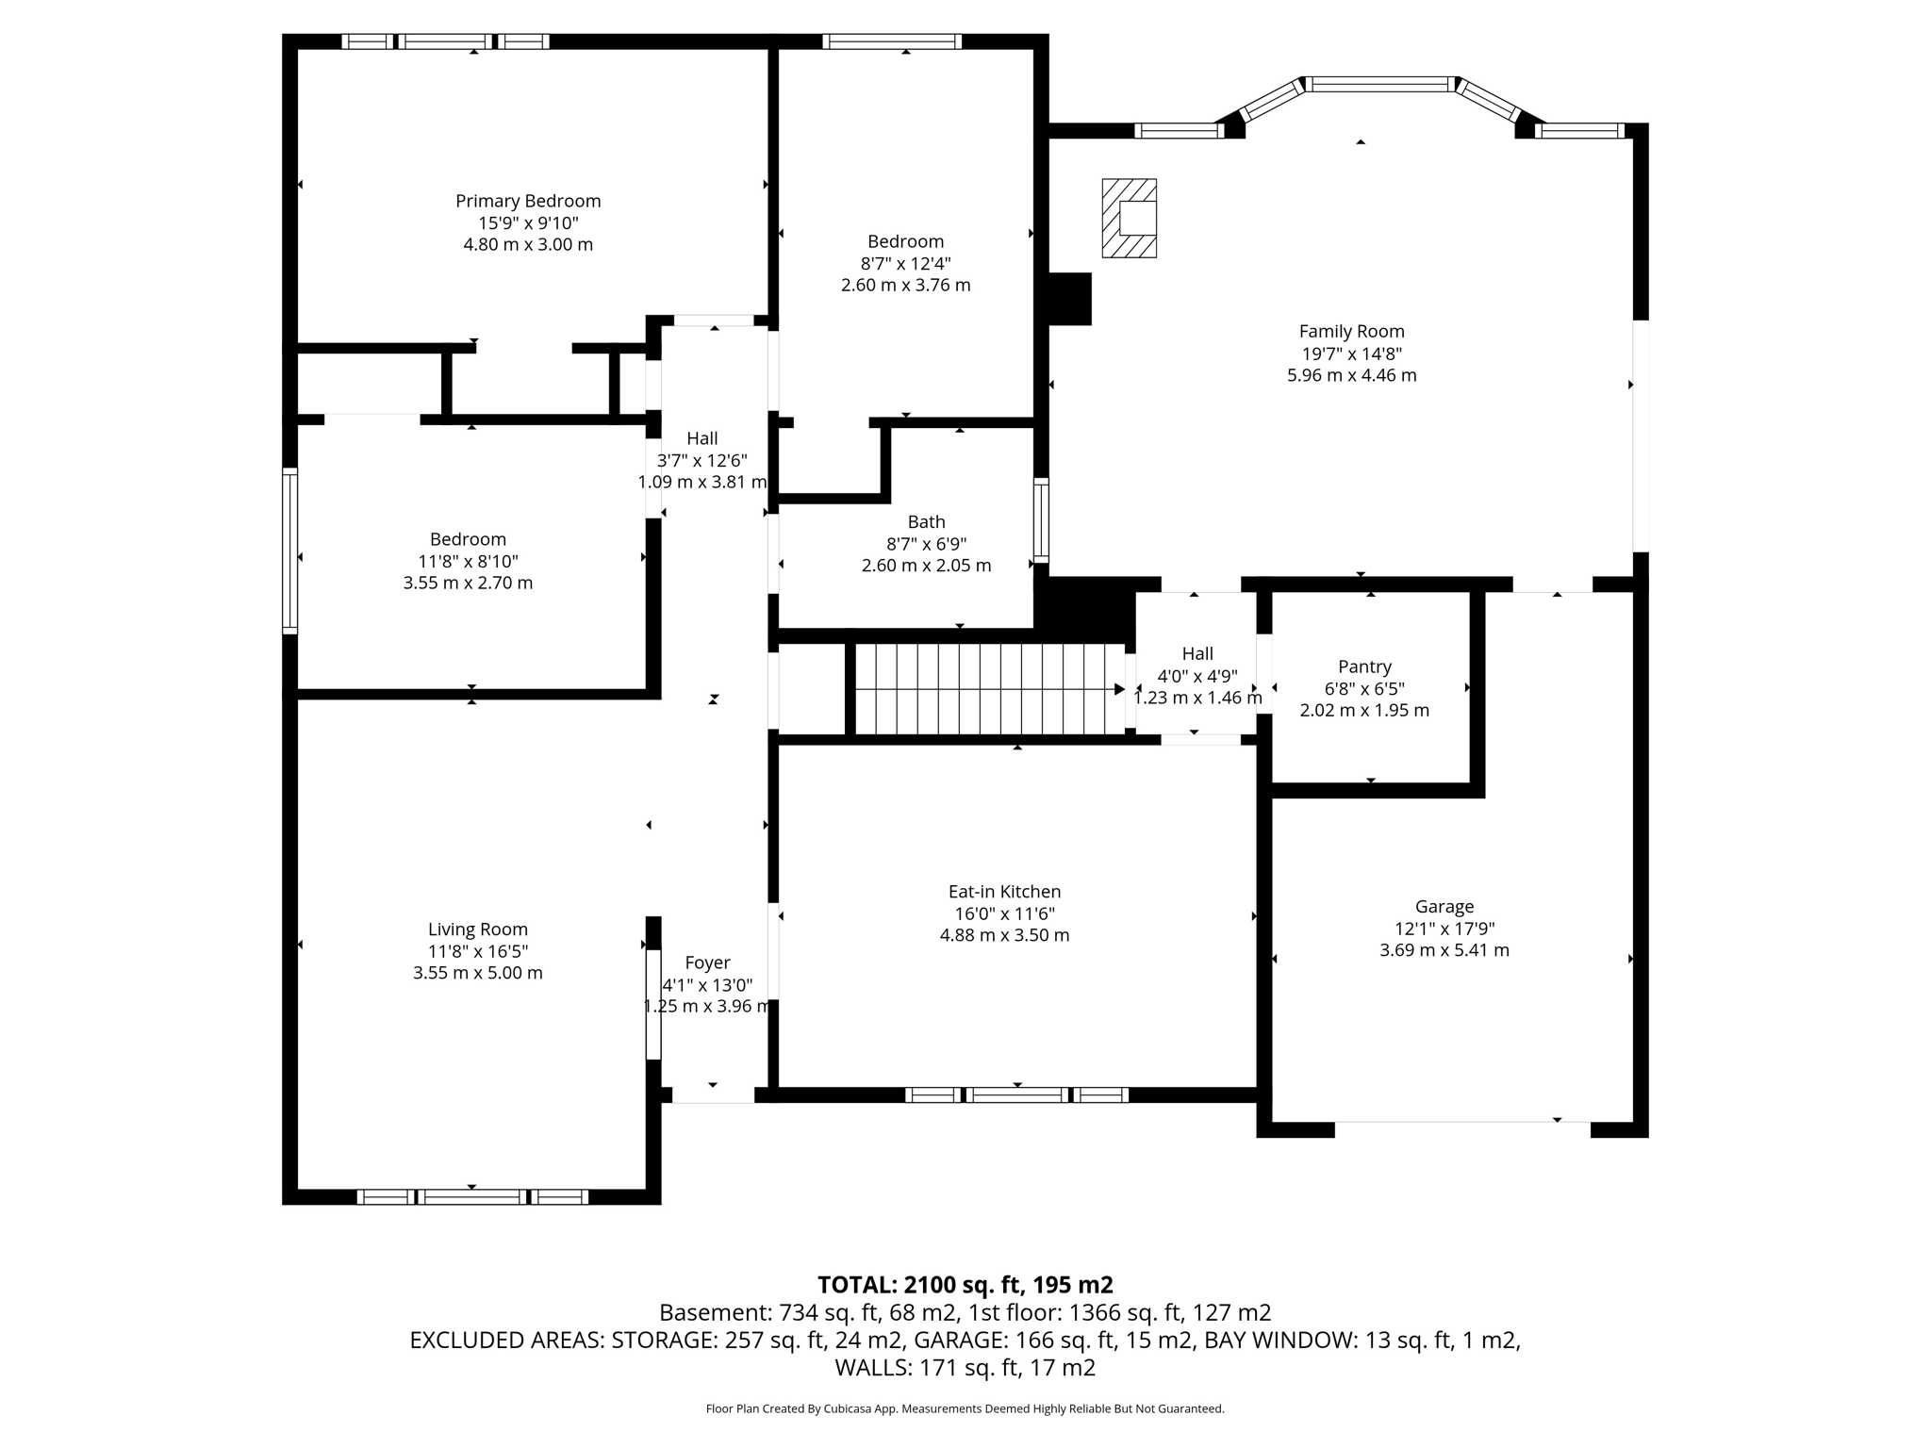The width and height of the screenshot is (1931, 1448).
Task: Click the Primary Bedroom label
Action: (x=528, y=201)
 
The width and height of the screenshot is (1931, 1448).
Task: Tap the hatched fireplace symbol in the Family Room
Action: (x=1129, y=218)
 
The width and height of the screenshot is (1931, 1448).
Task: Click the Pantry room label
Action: (x=1364, y=666)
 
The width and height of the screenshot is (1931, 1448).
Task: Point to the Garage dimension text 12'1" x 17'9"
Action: (x=1444, y=929)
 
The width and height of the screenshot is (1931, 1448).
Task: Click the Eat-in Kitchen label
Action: (x=1004, y=891)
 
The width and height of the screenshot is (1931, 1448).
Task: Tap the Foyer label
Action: (x=707, y=963)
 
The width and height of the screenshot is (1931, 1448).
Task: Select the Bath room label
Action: (x=926, y=521)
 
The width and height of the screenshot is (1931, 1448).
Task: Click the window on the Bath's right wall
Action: (x=1041, y=520)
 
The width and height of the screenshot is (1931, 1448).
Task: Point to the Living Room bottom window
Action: (x=472, y=1197)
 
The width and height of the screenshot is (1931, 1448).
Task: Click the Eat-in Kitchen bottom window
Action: (x=1016, y=1094)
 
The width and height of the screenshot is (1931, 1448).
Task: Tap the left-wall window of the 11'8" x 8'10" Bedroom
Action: (x=290, y=551)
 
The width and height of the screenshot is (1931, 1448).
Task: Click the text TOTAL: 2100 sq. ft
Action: (x=965, y=1285)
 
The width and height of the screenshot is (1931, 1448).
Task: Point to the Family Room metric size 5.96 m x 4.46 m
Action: (x=1351, y=375)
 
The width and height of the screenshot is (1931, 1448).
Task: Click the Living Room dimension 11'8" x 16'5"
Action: (x=477, y=951)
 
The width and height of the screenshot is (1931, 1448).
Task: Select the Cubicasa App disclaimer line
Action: (x=965, y=1409)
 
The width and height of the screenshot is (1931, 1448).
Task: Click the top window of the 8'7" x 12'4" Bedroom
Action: (x=892, y=41)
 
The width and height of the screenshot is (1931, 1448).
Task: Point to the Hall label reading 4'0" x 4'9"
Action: (x=1197, y=676)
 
